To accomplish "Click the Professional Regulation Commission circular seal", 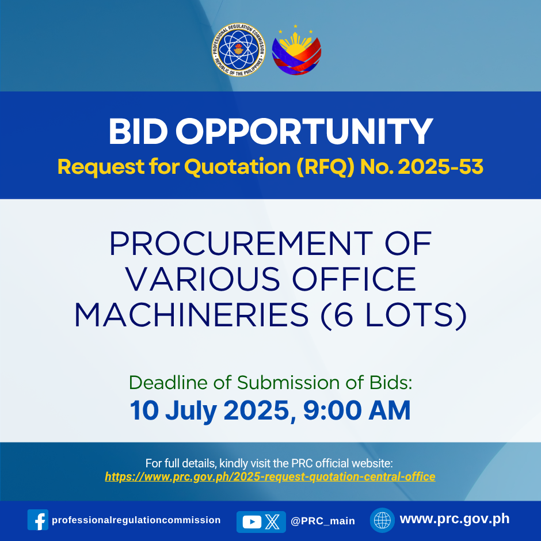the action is coord(238,49).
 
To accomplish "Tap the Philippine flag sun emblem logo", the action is coord(296,51).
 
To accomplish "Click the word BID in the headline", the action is coord(138,131).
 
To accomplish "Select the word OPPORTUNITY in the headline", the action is coord(304,131).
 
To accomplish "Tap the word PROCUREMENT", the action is coord(241,243).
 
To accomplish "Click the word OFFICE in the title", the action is coord(354,279).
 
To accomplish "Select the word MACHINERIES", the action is coord(192,315).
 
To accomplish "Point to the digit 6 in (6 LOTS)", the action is coord(343,315).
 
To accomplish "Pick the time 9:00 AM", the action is coord(357,410).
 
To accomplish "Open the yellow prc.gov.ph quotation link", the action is coord(270,477).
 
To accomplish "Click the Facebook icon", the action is coord(38,520).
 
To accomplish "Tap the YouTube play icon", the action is coord(252,521).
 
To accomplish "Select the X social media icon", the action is coord(272,521).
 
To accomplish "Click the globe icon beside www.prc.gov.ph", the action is coord(382,520).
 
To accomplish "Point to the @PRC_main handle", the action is coord(323,521).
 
